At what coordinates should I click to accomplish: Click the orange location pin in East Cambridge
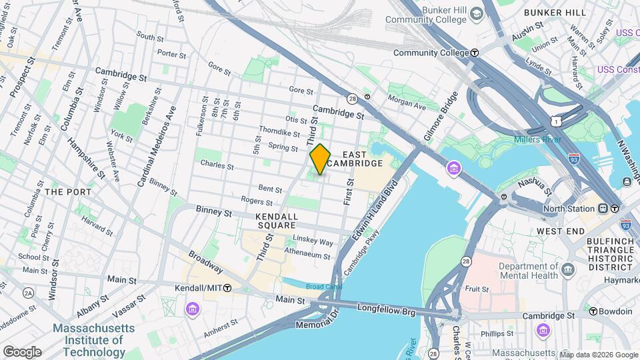(320, 159)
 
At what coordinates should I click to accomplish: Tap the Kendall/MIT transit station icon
(227, 288)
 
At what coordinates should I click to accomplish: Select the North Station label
(569, 209)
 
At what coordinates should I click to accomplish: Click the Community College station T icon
(474, 53)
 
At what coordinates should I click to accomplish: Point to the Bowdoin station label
(615, 311)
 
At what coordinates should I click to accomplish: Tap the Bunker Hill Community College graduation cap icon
(476, 13)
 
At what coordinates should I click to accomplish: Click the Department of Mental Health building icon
(568, 269)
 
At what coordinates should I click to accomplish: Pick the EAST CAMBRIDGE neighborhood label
(363, 159)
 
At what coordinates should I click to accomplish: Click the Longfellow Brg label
(386, 309)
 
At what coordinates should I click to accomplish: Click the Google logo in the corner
(21, 351)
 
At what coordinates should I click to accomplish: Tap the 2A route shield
(28, 293)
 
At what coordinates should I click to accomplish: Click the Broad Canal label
(305, 287)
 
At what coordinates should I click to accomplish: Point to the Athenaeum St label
(308, 255)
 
